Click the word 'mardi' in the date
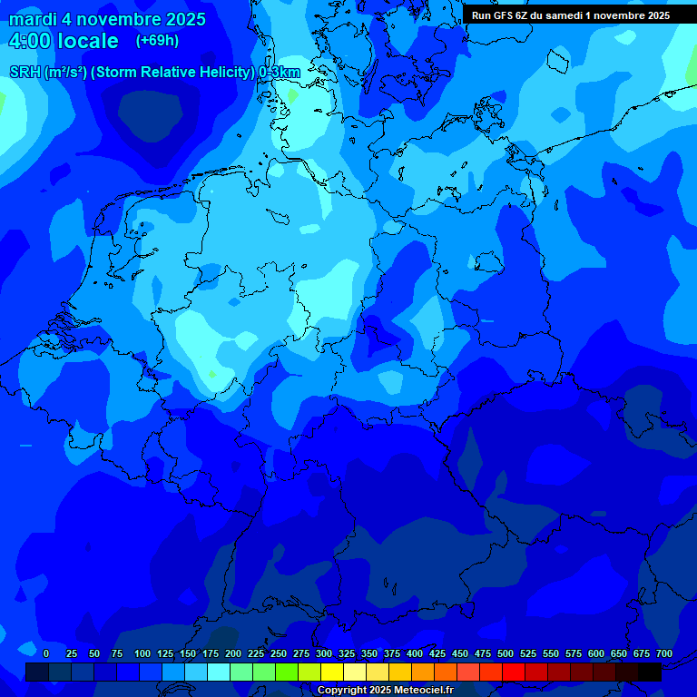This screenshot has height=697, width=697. point(32,19)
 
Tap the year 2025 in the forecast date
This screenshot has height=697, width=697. point(182,19)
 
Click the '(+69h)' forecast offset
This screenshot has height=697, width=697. point(157,40)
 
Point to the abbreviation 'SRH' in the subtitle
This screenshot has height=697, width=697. point(25,72)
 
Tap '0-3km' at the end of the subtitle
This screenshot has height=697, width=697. point(280,72)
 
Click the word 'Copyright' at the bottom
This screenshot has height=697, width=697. point(343,691)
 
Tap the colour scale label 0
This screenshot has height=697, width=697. point(46,653)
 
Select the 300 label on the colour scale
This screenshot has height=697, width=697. point(324,653)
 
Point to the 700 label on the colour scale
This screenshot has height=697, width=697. point(664,653)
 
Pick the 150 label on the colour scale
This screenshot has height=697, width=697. point(188,653)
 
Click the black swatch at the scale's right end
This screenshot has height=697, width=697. point(650,672)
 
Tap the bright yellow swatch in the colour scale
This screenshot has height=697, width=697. point(332,672)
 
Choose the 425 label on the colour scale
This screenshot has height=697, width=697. point(437,653)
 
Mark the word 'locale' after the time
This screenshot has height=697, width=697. point(89,41)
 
